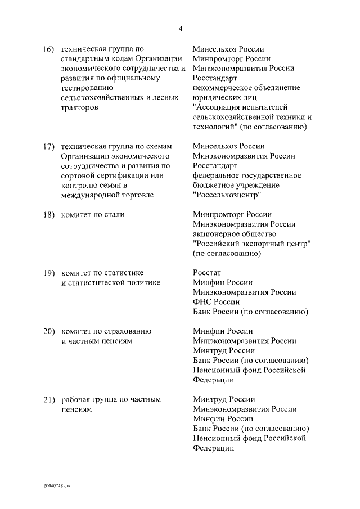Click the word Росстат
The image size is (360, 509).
pyautogui.click(x=207, y=273)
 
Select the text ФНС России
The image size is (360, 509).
pyautogui.click(x=215, y=302)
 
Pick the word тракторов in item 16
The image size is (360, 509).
pyautogui.click(x=79, y=107)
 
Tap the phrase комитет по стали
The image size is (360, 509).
pyautogui.click(x=92, y=214)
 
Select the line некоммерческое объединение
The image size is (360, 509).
pyautogui.click(x=246, y=88)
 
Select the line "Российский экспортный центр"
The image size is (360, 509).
pyautogui.click(x=252, y=244)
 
